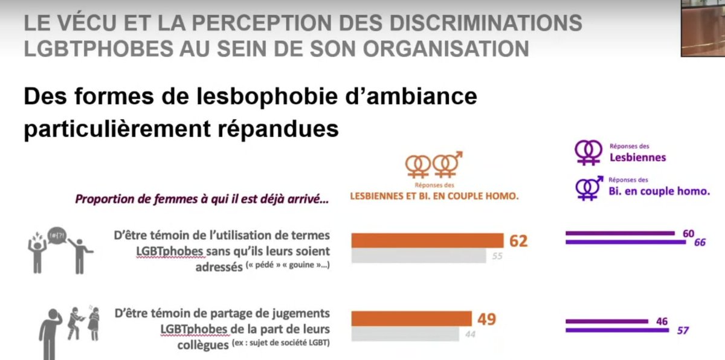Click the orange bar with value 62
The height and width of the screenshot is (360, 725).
point(427,240)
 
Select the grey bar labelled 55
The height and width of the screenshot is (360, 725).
point(419,256)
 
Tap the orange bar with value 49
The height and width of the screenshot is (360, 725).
point(411,318)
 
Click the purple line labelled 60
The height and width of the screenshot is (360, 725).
point(620,233)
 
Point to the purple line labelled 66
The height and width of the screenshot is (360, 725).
point(625,242)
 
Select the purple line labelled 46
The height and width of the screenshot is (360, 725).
point(607,321)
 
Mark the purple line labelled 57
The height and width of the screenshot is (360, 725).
point(617,330)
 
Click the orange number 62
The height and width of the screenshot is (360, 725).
point(518,241)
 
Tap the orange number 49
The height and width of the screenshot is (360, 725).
point(487,318)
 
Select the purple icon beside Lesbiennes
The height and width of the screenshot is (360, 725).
point(588,153)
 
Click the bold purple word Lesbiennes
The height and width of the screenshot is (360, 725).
point(637,158)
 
